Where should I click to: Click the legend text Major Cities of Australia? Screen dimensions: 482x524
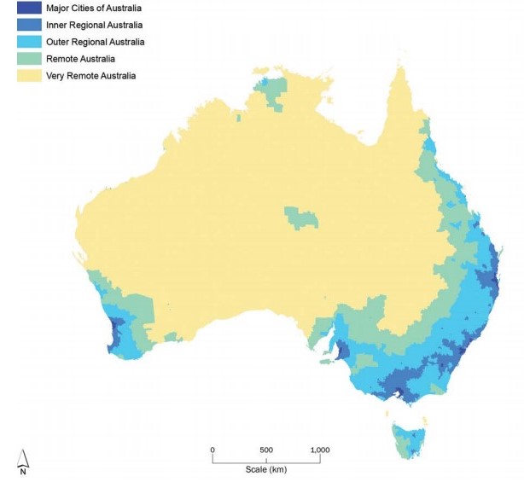pos(95,9)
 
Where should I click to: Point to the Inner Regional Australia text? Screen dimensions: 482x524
pos(95,26)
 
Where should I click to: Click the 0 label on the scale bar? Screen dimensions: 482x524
pos(213,450)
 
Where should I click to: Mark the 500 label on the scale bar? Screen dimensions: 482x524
pos(265,450)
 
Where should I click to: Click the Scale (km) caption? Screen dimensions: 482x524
pos(265,470)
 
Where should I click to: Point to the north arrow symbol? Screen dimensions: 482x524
pos(23,457)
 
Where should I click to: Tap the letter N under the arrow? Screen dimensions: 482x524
pos(23,470)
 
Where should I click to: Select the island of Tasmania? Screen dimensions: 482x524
pos(410,438)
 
